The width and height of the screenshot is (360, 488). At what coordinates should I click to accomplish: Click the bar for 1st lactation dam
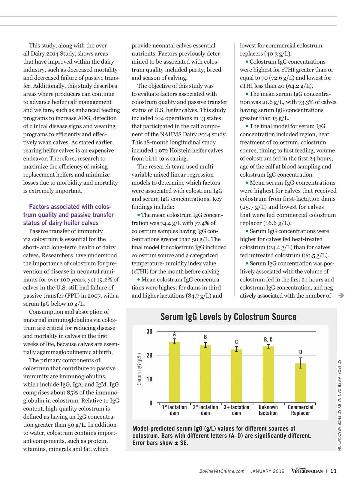pos(174,372)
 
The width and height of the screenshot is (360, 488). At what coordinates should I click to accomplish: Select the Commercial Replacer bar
pos(300,383)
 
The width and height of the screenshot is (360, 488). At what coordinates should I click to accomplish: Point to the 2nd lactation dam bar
pos(205,374)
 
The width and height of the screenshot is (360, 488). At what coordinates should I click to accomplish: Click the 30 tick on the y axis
pos(149,332)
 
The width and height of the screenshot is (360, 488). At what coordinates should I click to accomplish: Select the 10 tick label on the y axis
pos(149,379)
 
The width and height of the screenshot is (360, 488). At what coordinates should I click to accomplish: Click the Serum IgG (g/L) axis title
pos(139,369)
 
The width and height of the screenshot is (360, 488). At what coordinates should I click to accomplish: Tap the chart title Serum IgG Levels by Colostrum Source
pos(228,317)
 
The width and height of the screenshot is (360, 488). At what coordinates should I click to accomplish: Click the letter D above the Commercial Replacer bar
pos(301,352)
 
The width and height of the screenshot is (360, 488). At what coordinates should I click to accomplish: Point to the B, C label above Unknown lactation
pos(268,340)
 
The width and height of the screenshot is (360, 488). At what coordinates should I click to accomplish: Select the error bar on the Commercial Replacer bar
pos(301,363)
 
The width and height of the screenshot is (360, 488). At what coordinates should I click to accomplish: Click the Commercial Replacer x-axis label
pos(300,410)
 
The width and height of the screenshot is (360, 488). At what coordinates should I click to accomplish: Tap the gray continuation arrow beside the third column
pos(341,296)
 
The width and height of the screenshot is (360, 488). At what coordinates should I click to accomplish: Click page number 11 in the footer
pos(333,471)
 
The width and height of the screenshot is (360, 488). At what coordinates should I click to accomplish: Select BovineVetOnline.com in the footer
pos(222,471)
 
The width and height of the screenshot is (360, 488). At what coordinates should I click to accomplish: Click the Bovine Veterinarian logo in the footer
pos(307,471)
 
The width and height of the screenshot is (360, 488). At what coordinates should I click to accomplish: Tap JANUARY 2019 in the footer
pos(267,471)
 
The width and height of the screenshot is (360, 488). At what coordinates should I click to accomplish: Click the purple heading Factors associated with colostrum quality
pos(68,215)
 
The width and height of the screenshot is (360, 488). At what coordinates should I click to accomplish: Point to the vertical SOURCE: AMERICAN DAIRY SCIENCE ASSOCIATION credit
pos(339,405)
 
